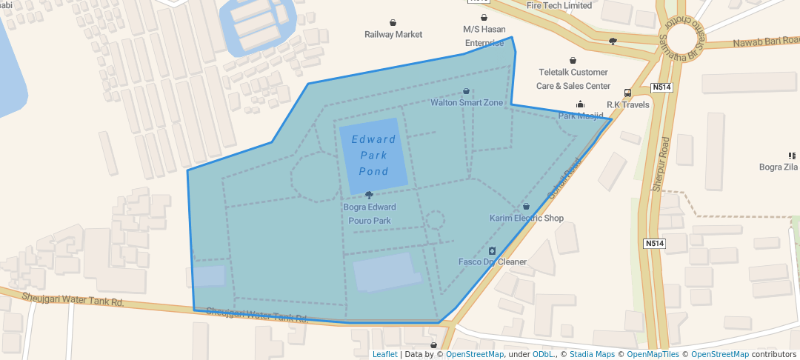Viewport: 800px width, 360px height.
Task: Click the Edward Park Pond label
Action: point(373,155)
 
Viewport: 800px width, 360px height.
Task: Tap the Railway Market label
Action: point(393,34)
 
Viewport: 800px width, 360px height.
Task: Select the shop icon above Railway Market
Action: point(393,22)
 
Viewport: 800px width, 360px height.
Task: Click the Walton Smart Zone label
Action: point(467,103)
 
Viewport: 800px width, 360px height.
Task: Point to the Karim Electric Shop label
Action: point(527,218)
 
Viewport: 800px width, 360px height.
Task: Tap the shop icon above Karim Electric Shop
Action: point(526,206)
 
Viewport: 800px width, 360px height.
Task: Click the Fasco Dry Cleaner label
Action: point(493,261)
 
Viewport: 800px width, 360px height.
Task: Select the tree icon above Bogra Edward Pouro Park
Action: point(369,195)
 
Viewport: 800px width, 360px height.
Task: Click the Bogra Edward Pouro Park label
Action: point(369,213)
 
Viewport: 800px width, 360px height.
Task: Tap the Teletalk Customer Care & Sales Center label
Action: point(573,79)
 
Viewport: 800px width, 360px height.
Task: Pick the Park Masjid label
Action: point(581,116)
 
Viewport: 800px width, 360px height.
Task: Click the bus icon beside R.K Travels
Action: point(628,93)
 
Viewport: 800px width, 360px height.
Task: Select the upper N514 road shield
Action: point(661,87)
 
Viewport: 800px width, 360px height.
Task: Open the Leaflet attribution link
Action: point(384,354)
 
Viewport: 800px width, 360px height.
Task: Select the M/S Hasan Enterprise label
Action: point(484,36)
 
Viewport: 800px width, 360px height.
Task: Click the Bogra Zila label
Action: point(778,167)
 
